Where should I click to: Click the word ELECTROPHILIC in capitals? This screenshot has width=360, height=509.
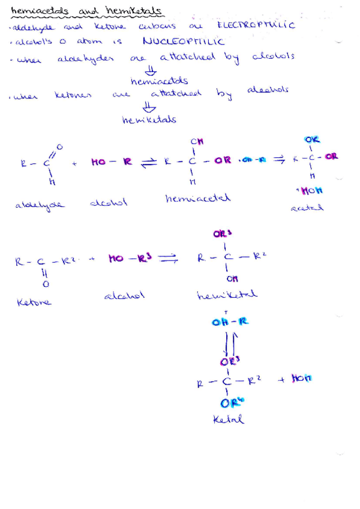pyautogui.click(x=256, y=25)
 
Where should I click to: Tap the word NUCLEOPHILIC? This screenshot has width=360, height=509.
pyautogui.click(x=184, y=41)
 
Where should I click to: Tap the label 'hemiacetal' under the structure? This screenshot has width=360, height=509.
pyautogui.click(x=190, y=197)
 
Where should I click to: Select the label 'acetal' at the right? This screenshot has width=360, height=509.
pyautogui.click(x=307, y=207)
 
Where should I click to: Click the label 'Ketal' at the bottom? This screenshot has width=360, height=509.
pyautogui.click(x=229, y=420)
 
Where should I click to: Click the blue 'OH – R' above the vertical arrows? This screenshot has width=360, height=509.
pyautogui.click(x=230, y=322)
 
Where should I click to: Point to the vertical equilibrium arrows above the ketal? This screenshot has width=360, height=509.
pyautogui.click(x=230, y=344)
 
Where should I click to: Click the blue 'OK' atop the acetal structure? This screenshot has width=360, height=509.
pyautogui.click(x=313, y=141)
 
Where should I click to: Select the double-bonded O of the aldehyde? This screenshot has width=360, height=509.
pyautogui.click(x=58, y=146)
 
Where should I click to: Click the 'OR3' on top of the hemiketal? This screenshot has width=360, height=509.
pyautogui.click(x=223, y=234)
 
